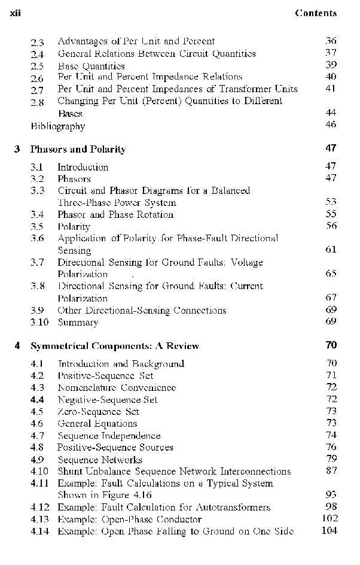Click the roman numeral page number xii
[x=17, y=13]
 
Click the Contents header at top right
[x=316, y=13]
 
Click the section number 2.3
[x=37, y=41]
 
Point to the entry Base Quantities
[x=91, y=66]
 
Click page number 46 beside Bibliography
[x=331, y=124]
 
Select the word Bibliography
[x=58, y=126]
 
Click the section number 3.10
[x=39, y=323]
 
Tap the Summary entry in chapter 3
[x=78, y=323]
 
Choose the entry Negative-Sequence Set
[x=107, y=400]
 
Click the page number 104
[x=329, y=531]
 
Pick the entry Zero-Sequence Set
[x=98, y=412]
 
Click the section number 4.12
[x=39, y=508]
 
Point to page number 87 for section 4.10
[x=331, y=472]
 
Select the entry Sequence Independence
[x=109, y=436]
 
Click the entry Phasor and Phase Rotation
[x=115, y=214]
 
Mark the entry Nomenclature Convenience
[x=117, y=388]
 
